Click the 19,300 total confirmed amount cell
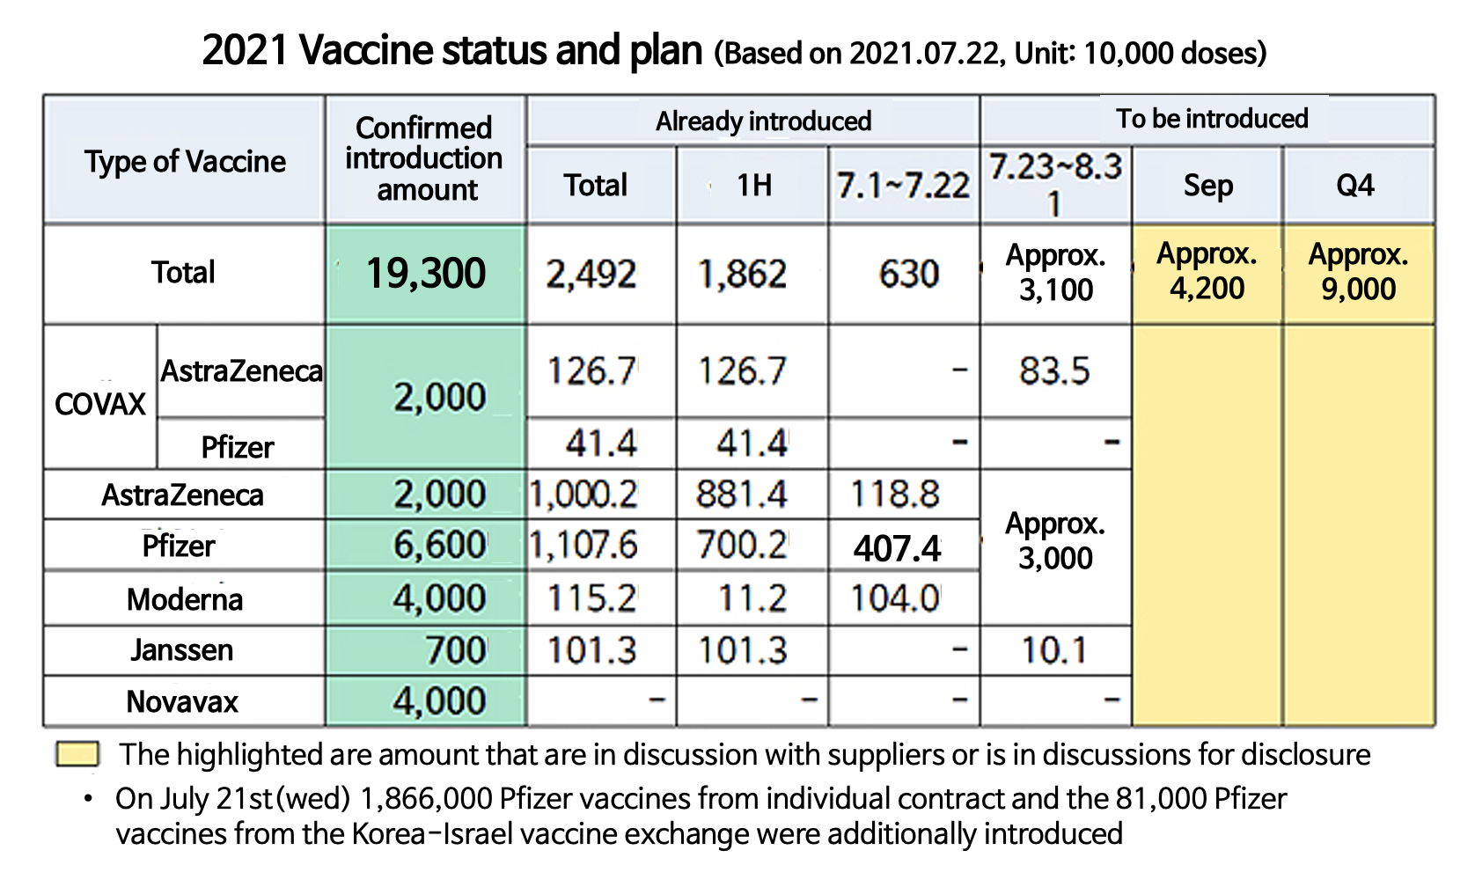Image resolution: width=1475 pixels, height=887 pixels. click(x=426, y=274)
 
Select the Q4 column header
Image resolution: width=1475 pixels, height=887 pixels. click(x=1355, y=186)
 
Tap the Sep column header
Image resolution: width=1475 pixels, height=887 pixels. click(x=1207, y=186)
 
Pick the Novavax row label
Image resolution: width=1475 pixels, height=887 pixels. click(x=183, y=701)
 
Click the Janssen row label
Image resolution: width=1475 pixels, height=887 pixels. click(x=183, y=650)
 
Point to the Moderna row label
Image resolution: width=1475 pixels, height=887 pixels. click(x=184, y=599)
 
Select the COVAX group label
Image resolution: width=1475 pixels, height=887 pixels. click(x=100, y=404)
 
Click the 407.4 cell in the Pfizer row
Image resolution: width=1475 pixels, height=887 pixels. click(x=898, y=548)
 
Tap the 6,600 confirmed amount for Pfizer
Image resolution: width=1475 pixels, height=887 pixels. click(x=439, y=546)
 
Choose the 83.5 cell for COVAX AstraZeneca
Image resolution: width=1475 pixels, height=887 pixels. click(x=1054, y=371)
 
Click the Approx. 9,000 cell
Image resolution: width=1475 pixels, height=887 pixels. click(x=1358, y=272)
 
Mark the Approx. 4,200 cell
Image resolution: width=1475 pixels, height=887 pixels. click(x=1207, y=272)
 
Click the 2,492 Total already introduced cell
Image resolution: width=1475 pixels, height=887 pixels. click(x=591, y=275)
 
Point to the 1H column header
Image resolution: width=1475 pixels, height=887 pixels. click(x=753, y=186)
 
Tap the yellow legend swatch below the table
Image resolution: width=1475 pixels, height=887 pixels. click(x=77, y=754)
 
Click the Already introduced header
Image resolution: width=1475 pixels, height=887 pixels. click(x=763, y=121)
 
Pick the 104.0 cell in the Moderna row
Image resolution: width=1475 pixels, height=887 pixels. click(x=895, y=599)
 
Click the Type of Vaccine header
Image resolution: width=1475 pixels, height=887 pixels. click(x=185, y=162)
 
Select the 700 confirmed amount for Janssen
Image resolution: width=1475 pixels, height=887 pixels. click(x=456, y=651)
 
